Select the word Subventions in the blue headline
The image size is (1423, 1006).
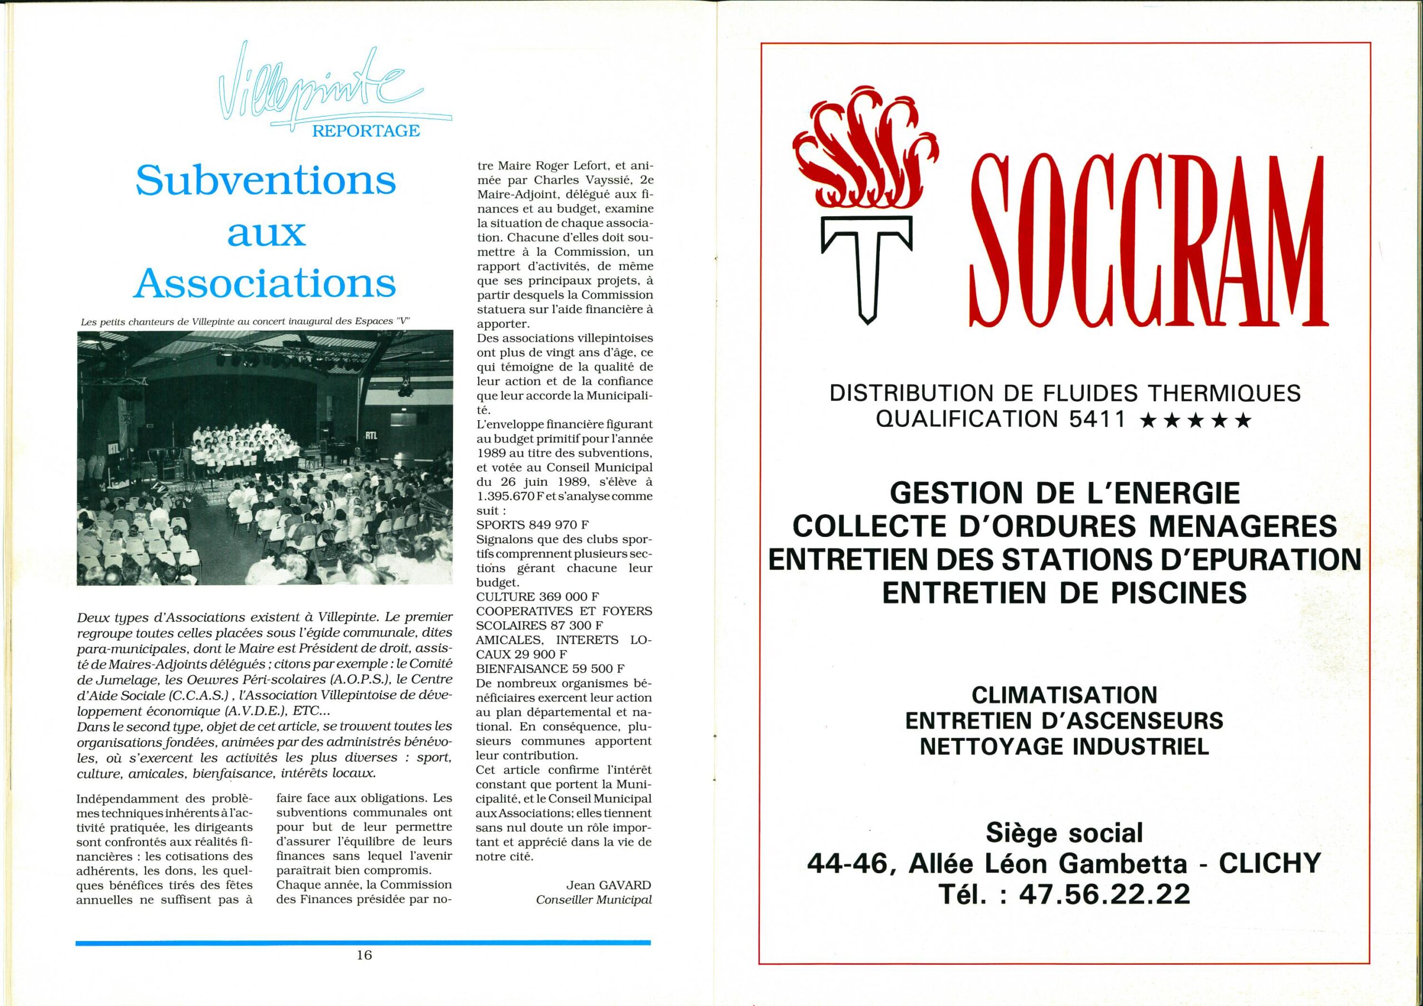[x=266, y=181]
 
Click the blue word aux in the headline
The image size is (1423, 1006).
[x=266, y=233]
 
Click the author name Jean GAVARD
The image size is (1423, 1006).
[x=609, y=885]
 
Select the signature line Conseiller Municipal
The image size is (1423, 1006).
[x=594, y=899]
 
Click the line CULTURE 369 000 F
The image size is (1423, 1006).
[x=538, y=597]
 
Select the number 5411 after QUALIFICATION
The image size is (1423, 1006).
[x=1096, y=420]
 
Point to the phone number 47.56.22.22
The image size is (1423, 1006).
[x=1114, y=894]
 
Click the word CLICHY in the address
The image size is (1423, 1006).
[x=1270, y=862]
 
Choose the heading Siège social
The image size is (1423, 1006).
[x=1064, y=833]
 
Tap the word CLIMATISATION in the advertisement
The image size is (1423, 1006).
[x=1064, y=695]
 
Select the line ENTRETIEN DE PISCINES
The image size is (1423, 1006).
[x=1064, y=593]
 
